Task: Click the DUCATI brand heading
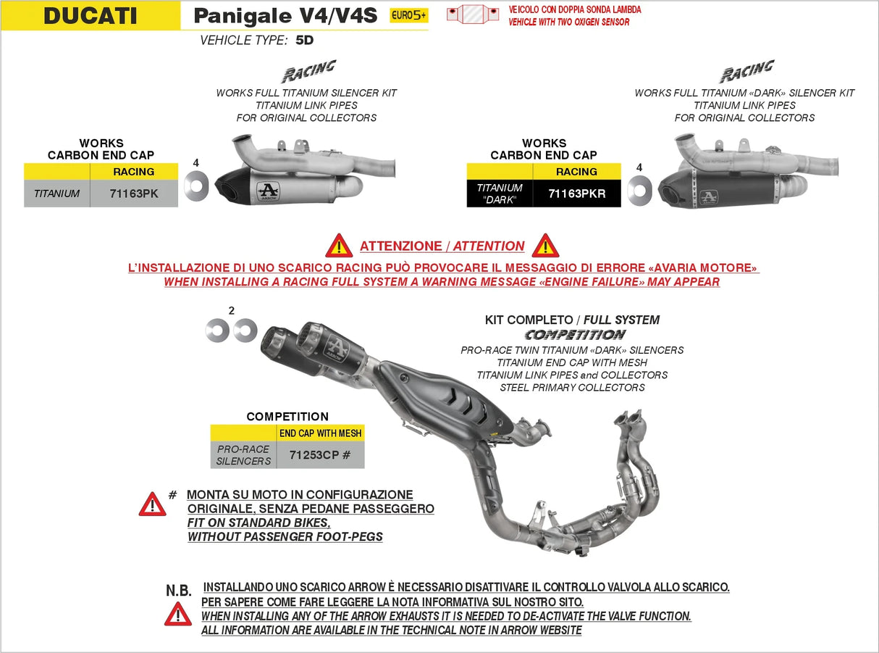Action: (x=90, y=15)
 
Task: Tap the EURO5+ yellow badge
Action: (x=408, y=15)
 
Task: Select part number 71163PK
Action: (x=134, y=194)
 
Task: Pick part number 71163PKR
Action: (x=576, y=194)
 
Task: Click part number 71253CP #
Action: (x=320, y=455)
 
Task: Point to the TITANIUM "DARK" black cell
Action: (x=500, y=194)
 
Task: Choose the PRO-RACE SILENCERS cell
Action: (x=243, y=455)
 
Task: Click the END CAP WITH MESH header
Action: (x=320, y=433)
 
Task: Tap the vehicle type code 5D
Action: (x=305, y=41)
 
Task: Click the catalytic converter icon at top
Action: (x=473, y=14)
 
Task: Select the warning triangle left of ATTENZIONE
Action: (x=339, y=246)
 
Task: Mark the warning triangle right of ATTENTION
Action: (x=545, y=246)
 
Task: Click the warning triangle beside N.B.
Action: (x=178, y=615)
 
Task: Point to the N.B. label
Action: (x=179, y=591)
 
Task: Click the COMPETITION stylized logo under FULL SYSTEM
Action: (x=575, y=335)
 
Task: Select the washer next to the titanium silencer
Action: (x=195, y=187)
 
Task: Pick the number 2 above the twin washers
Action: (x=231, y=310)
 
